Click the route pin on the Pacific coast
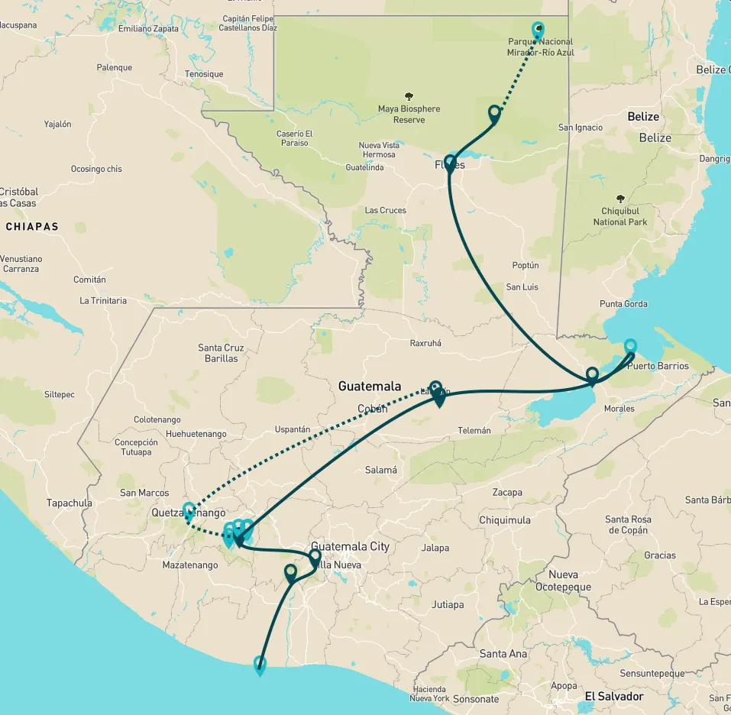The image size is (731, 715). (260, 665)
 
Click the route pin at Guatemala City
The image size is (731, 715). (315, 558)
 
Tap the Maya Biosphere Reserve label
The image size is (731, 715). (409, 115)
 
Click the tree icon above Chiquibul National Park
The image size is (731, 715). (619, 198)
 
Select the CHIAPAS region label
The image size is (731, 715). (31, 227)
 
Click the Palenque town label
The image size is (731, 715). (115, 67)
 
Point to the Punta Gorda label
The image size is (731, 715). (623, 304)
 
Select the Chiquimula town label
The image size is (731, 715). (504, 520)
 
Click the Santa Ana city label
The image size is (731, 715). (503, 654)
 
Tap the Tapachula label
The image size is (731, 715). (70, 503)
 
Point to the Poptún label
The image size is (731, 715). (526, 266)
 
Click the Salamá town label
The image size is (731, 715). (380, 471)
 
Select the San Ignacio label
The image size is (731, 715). (581, 128)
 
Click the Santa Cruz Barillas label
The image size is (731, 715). (221, 353)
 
